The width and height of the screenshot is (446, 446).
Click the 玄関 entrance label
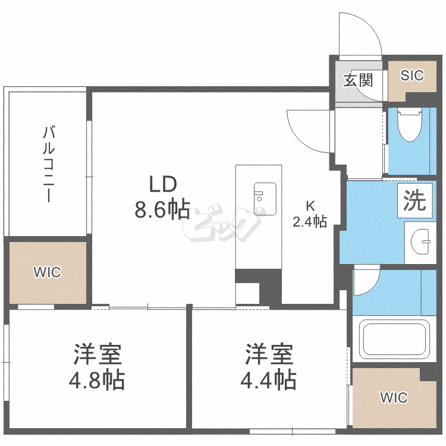[358, 80]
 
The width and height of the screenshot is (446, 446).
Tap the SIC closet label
[412, 76]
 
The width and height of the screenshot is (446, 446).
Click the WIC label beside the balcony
[47, 272]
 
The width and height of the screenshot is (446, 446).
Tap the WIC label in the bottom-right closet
[394, 397]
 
